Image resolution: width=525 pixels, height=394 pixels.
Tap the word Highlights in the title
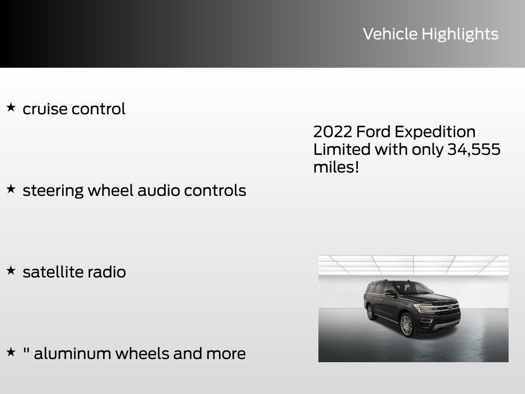point(460,34)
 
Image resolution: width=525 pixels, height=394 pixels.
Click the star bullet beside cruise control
point(11,108)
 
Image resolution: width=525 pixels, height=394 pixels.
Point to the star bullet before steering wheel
point(11,189)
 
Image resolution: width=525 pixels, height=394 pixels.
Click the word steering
point(53,191)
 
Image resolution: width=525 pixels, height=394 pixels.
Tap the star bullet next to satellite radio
point(11,271)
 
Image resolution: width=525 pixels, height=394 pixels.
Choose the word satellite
point(52,271)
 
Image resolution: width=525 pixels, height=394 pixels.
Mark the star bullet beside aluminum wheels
point(11,352)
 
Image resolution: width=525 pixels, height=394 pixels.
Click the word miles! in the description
point(336,167)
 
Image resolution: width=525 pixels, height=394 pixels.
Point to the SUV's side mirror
point(389,293)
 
